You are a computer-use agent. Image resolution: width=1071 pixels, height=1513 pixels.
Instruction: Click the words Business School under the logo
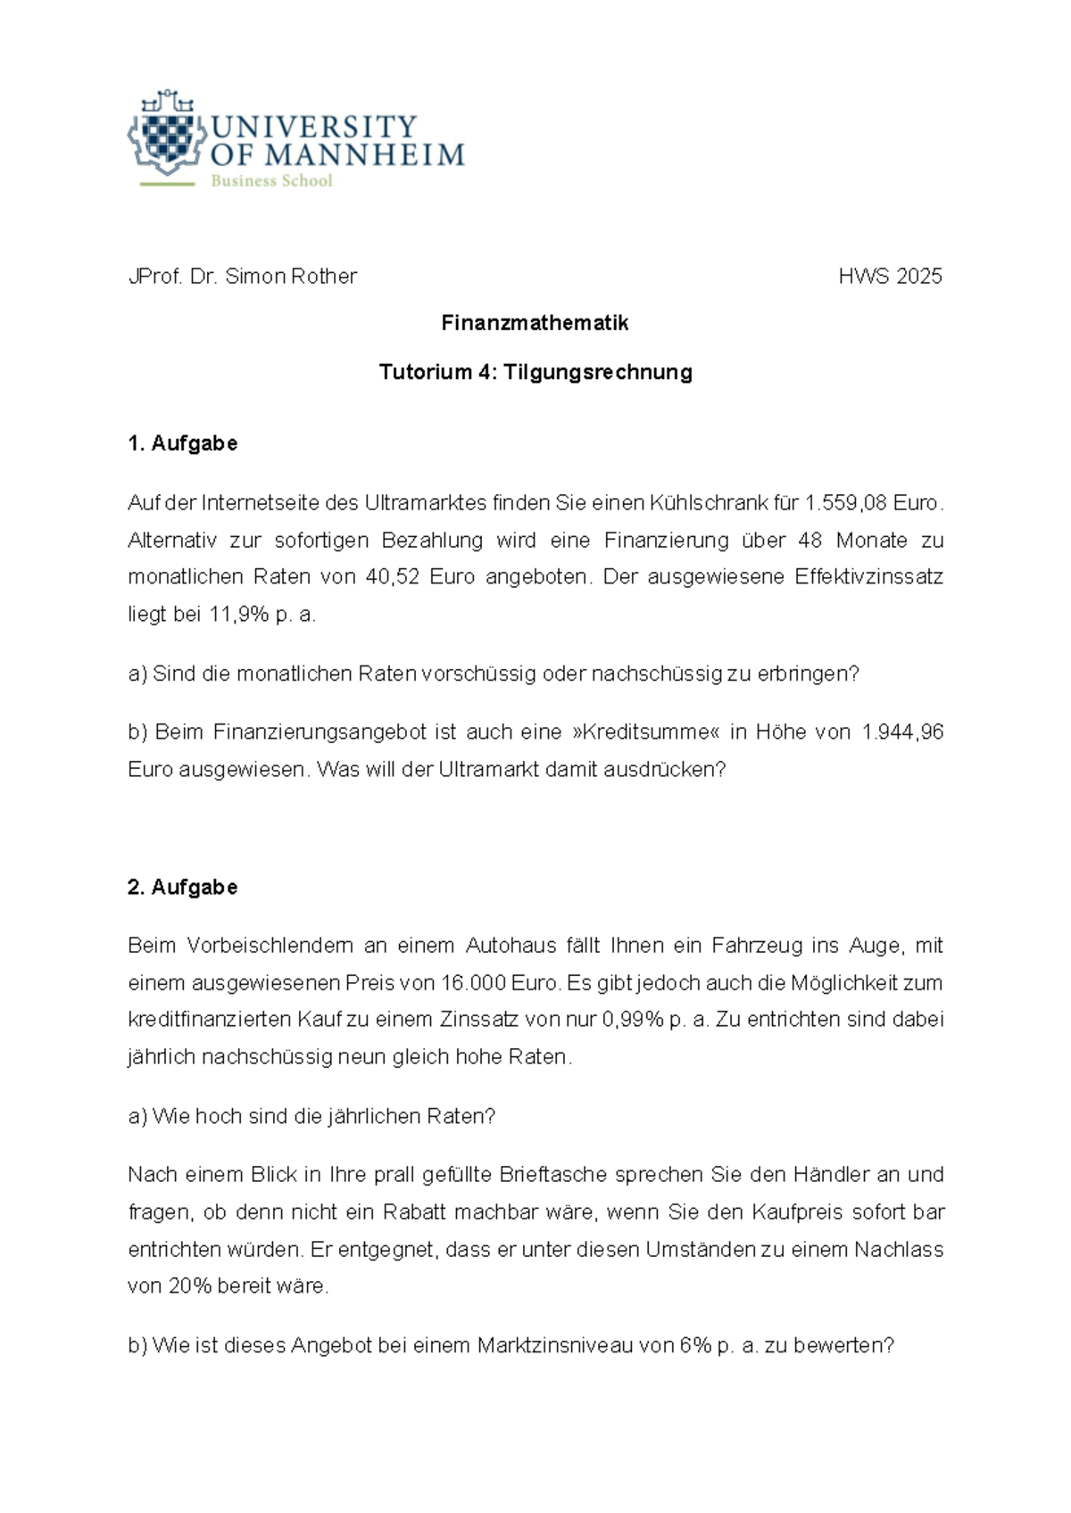tap(271, 181)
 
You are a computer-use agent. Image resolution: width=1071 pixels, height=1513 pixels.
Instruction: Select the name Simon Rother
tap(291, 277)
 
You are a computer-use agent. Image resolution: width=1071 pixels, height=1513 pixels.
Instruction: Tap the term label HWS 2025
tap(890, 277)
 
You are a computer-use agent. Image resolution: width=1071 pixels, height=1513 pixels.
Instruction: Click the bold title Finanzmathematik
tap(535, 324)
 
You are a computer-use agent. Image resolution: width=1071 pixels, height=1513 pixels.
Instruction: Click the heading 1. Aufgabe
tap(183, 443)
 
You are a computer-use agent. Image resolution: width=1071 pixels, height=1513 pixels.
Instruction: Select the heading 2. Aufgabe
tap(183, 888)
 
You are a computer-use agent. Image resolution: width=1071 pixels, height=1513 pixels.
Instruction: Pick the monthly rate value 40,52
tap(391, 577)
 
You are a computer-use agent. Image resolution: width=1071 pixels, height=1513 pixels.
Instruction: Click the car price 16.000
tap(473, 983)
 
